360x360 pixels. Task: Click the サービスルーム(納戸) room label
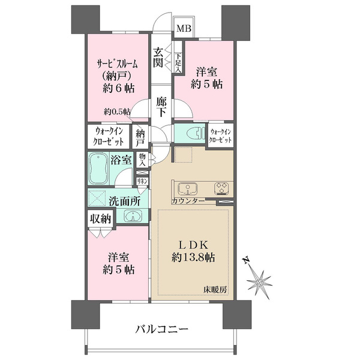[x=118, y=74]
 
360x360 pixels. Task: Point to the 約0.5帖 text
[x=117, y=111]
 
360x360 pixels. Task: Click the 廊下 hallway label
[x=160, y=107]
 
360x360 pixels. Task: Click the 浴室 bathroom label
[x=122, y=160]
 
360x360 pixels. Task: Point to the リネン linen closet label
[x=143, y=181]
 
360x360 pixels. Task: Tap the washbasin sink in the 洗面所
[x=132, y=216]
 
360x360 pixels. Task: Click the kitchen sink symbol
[x=185, y=187]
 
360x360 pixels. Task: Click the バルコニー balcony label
[x=162, y=329]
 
